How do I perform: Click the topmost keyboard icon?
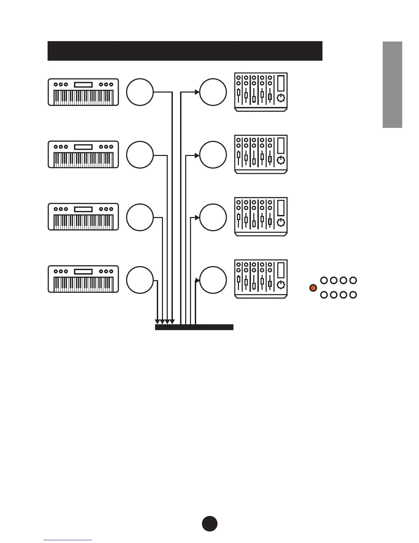83,92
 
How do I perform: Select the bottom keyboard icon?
83,279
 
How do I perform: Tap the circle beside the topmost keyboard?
140,92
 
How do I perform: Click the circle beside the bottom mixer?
213,280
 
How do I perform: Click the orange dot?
313,288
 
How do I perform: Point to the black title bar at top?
185,51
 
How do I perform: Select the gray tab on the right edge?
392,84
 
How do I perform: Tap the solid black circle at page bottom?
209,523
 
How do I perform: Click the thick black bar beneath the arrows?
194,327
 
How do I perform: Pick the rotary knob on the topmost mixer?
281,98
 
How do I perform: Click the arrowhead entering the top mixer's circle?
197,92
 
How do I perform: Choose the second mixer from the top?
261,154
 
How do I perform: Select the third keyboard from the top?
83,217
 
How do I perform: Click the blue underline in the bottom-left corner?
68,540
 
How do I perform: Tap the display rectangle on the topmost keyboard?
83,85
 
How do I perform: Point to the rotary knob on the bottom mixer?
281,285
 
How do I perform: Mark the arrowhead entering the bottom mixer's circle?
198,280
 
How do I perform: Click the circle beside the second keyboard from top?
140,155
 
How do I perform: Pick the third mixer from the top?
261,217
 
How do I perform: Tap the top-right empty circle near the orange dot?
353,280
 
